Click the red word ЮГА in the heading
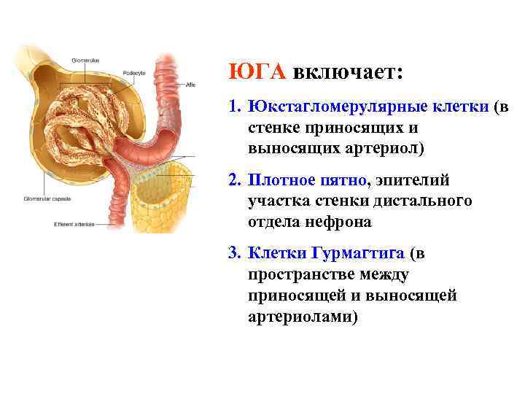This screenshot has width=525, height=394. [257, 72]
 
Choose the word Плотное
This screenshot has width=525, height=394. [281, 179]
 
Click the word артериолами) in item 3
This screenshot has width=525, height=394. [303, 317]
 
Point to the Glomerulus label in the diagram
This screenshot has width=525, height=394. [85, 59]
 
